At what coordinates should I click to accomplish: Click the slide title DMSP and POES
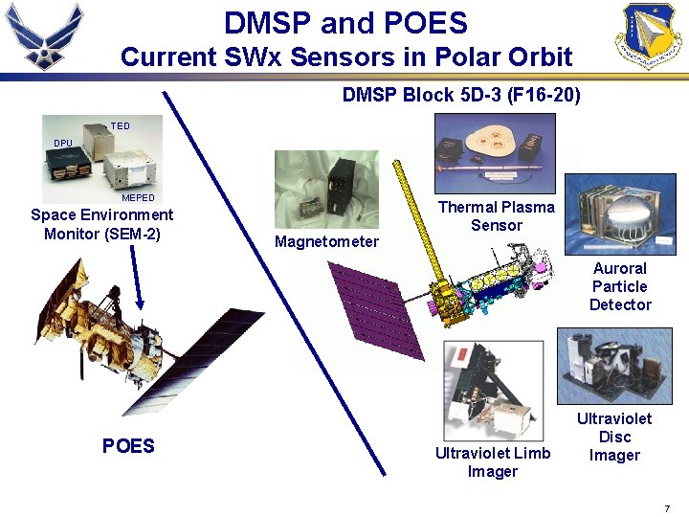(345, 23)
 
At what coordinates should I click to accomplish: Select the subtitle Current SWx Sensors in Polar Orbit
(345, 57)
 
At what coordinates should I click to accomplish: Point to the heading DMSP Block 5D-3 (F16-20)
(461, 96)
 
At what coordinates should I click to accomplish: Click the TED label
(120, 125)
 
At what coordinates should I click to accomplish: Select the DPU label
(62, 143)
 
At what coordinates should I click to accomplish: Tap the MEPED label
(138, 198)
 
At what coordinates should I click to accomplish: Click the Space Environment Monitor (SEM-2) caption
(102, 224)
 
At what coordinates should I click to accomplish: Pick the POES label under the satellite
(128, 446)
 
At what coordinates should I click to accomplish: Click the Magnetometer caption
(326, 241)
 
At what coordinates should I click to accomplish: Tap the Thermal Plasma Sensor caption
(496, 215)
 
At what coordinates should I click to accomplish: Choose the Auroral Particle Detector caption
(620, 286)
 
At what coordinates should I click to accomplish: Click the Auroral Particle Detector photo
(619, 214)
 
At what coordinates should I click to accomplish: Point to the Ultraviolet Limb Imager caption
(493, 461)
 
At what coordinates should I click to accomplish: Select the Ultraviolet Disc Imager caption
(614, 437)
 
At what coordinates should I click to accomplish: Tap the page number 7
(666, 507)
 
